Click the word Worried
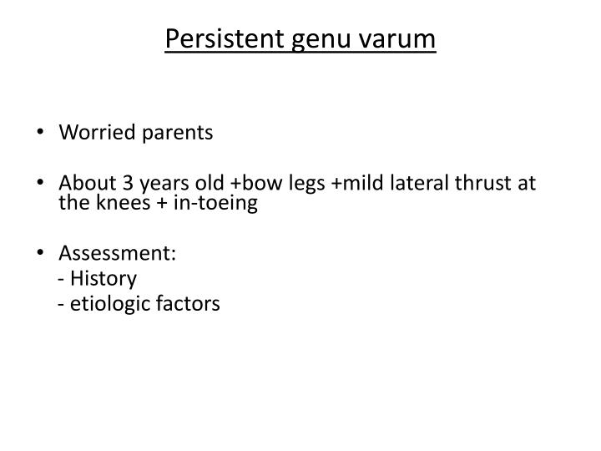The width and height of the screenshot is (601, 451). point(93,133)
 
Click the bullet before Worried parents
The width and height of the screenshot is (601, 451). point(42,134)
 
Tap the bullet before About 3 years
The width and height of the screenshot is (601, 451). point(42,184)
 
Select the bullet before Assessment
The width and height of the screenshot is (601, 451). point(42,254)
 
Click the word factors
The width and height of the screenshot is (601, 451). point(189,303)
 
